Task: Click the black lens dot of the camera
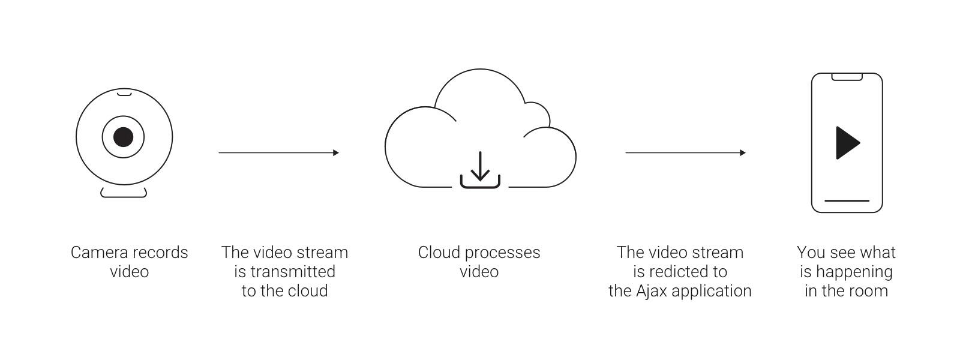[124, 137]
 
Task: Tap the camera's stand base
[124, 193]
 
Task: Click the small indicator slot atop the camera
[124, 93]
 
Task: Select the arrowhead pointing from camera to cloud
[335, 153]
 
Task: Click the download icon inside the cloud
[480, 170]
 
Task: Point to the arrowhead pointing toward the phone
[742, 153]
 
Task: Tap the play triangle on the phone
[847, 143]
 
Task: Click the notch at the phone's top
[847, 77]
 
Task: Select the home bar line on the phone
[847, 201]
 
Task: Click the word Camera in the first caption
[97, 253]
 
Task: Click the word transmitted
[293, 272]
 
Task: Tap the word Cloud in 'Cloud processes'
[439, 253]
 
